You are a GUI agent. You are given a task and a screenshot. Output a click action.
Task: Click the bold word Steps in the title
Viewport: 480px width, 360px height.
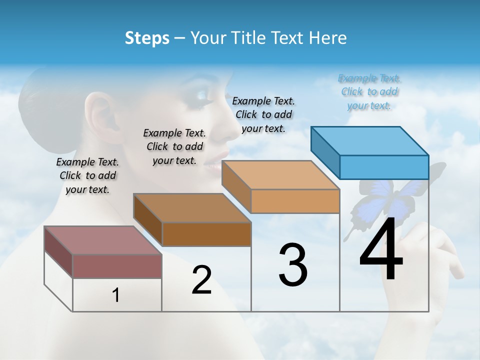click(x=147, y=38)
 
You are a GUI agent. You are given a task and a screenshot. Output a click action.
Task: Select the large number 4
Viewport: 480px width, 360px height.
click(x=381, y=249)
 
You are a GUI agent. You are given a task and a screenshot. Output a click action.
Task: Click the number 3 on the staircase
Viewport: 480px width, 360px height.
click(x=293, y=265)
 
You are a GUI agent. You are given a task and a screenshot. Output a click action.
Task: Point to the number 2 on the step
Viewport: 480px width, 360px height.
click(x=201, y=280)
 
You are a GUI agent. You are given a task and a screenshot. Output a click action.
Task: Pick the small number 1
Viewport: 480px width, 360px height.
click(x=116, y=295)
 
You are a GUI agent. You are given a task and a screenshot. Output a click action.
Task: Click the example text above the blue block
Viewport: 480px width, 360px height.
click(x=369, y=92)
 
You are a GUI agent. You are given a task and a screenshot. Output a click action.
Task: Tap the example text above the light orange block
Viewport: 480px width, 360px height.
click(x=264, y=114)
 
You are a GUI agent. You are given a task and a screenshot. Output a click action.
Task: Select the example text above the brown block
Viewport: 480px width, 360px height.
click(x=174, y=146)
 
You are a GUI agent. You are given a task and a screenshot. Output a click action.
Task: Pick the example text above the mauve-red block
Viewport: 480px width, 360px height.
click(x=87, y=175)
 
